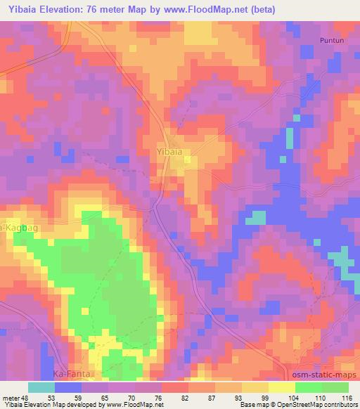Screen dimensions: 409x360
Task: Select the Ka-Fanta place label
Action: (x=72, y=375)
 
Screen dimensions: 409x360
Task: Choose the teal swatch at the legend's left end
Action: (x=41, y=387)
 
